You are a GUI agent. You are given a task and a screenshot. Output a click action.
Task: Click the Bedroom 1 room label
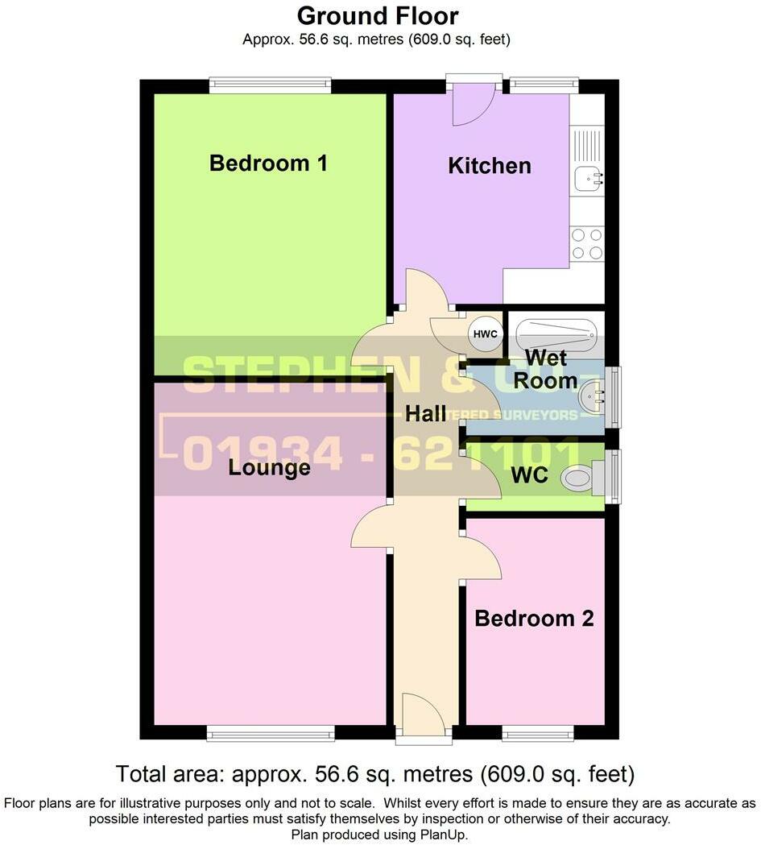point(268,164)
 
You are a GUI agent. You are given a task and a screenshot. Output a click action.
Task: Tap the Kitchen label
point(490,166)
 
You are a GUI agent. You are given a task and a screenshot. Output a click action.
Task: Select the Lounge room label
point(269,467)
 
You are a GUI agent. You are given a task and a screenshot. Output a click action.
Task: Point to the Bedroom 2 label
point(534,619)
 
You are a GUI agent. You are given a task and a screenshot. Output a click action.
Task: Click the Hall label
point(425,414)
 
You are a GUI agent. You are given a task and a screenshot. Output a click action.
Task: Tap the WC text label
point(529,475)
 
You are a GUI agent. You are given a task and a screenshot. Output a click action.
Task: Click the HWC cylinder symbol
point(486,334)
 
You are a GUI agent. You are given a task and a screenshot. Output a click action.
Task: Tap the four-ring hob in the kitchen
point(587,244)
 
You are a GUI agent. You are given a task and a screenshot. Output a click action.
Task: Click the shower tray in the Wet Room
point(556,331)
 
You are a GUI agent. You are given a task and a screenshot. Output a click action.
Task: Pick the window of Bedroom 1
point(270,85)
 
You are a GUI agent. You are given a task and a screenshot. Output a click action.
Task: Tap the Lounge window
point(270,732)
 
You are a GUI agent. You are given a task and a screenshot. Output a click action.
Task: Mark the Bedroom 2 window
point(537,732)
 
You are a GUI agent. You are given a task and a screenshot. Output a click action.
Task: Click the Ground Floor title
point(378,15)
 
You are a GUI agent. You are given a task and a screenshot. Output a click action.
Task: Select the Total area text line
point(375,774)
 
